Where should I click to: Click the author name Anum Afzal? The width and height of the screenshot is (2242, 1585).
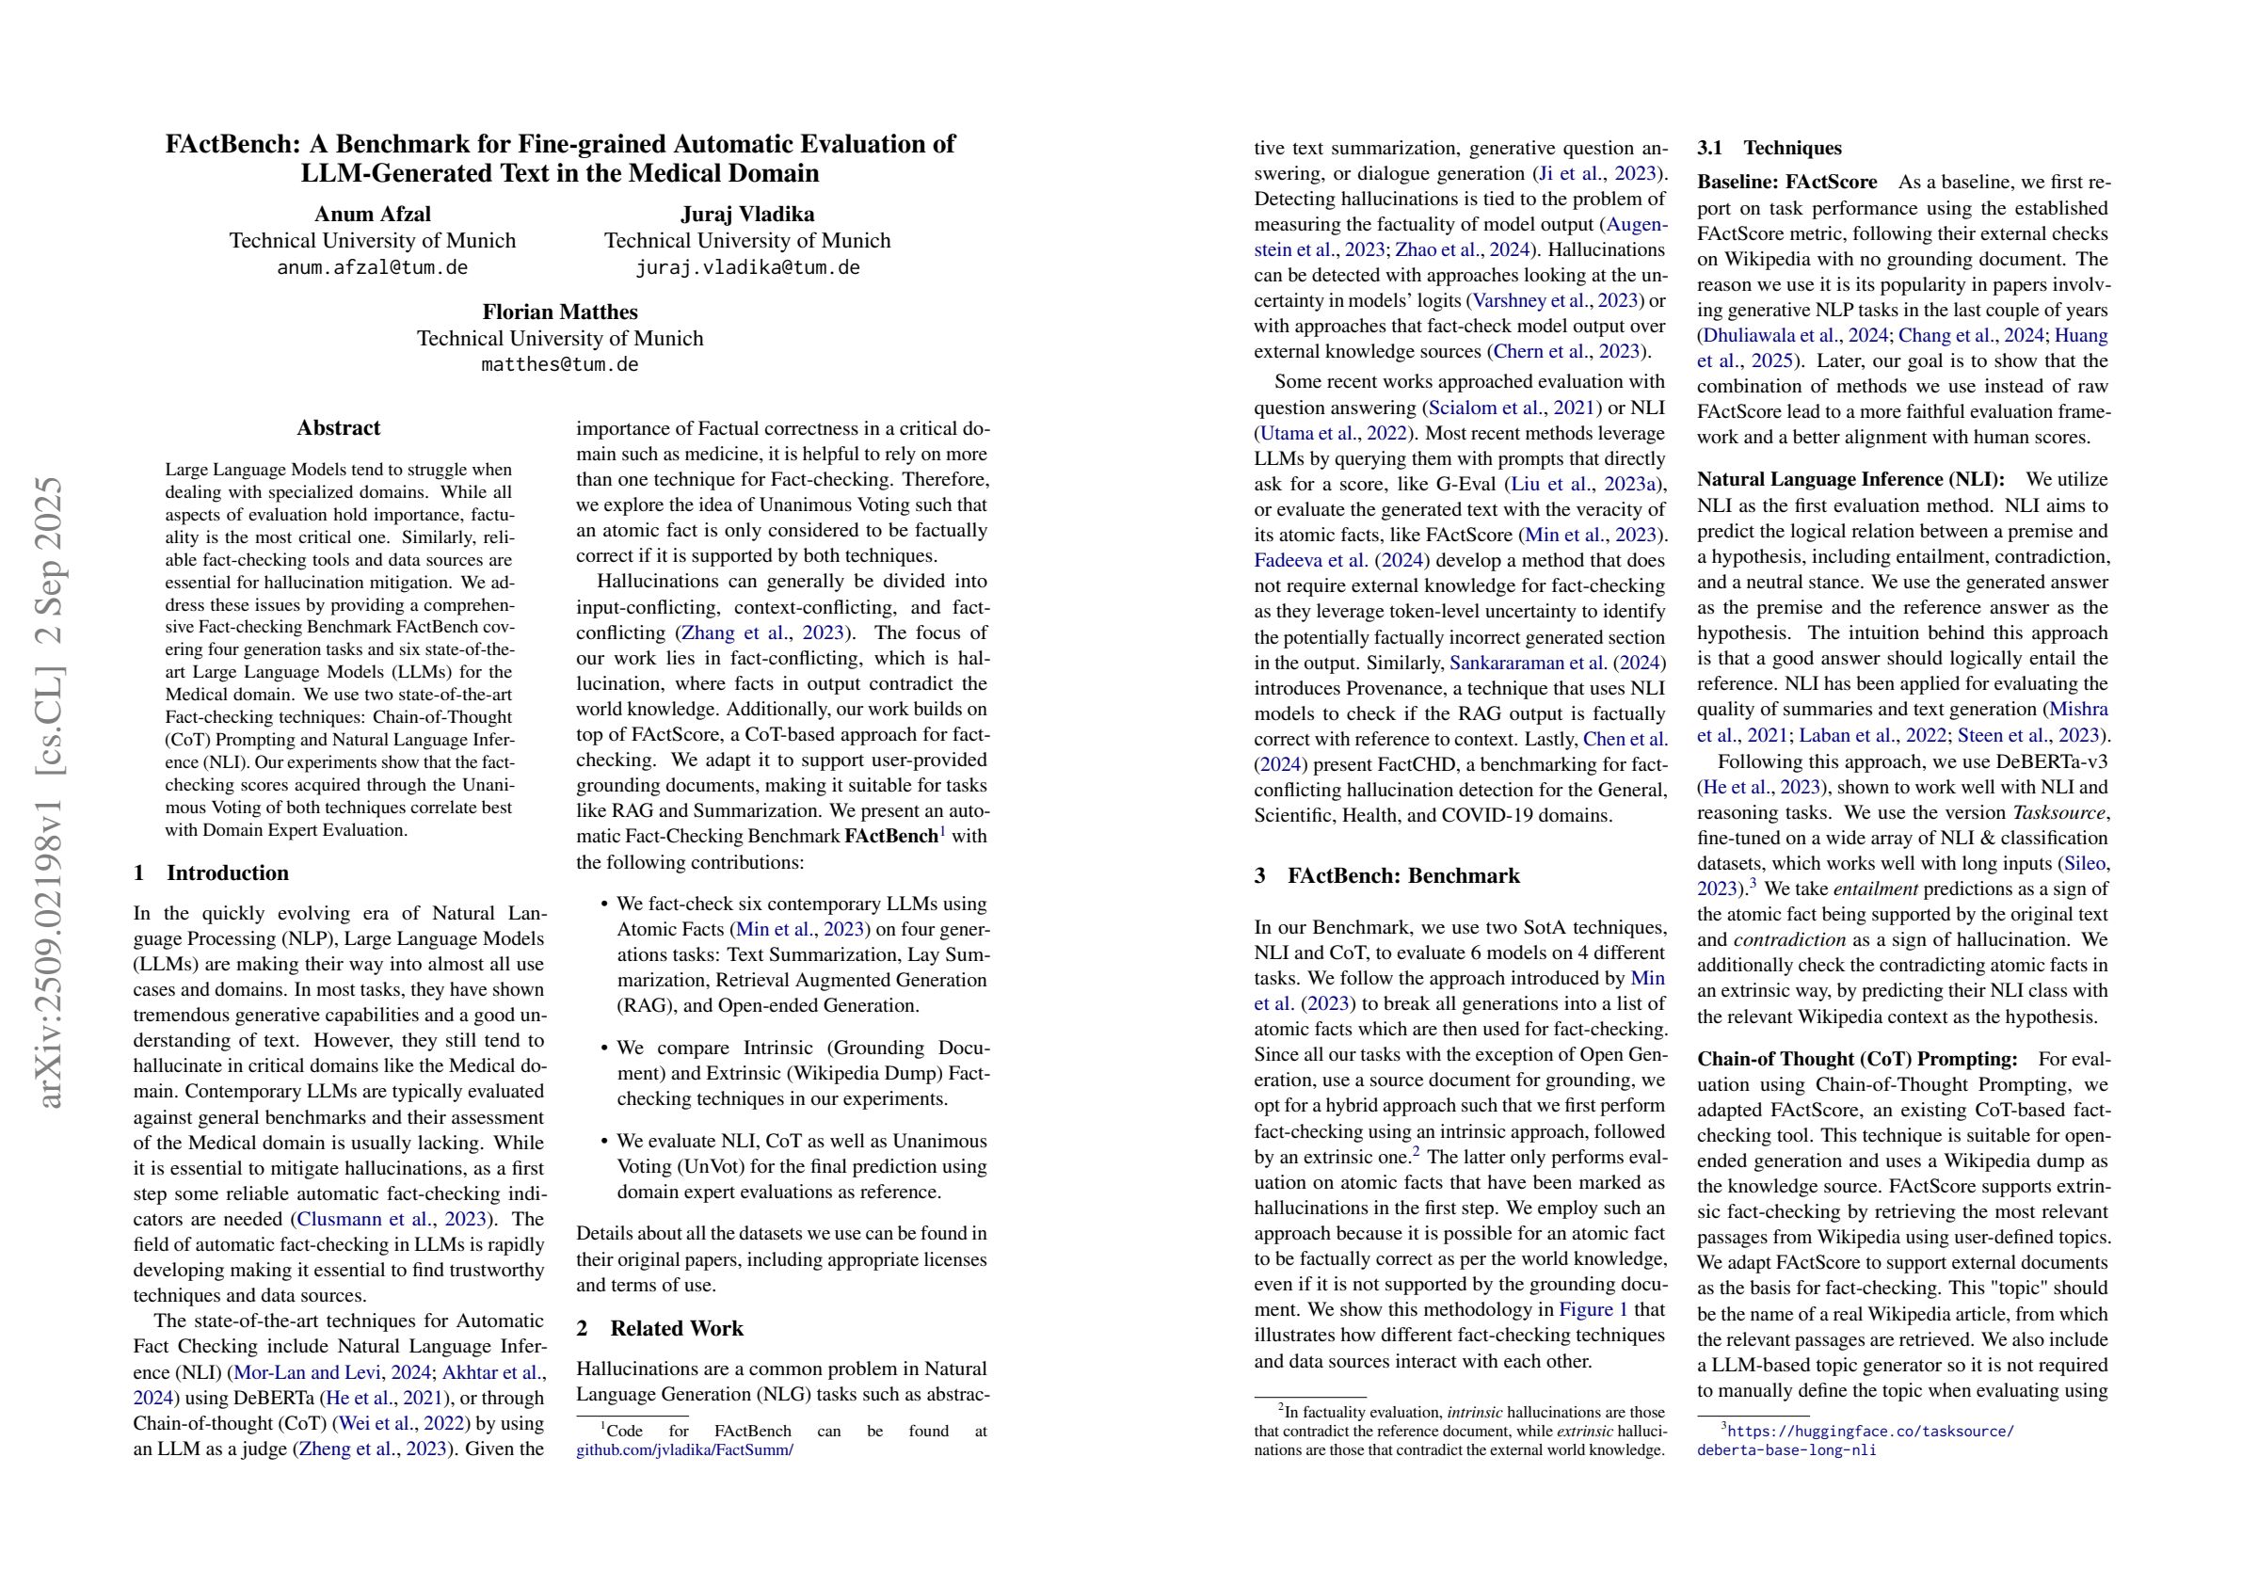372,214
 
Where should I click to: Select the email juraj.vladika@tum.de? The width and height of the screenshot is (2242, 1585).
747,267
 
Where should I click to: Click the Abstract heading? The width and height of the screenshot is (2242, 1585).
338,427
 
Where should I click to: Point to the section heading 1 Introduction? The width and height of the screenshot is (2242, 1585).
211,873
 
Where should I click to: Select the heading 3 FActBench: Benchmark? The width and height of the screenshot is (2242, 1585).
1386,875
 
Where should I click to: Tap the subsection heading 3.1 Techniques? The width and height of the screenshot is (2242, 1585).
1769,149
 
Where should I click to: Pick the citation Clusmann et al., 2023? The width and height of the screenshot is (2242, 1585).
391,1219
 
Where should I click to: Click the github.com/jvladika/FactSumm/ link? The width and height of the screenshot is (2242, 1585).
684,1450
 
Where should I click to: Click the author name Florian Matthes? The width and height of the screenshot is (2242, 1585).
559,312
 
